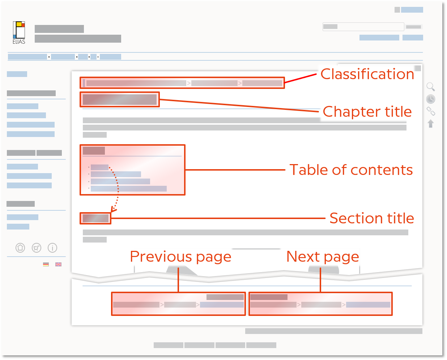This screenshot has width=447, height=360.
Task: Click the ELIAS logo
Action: [x=19, y=33]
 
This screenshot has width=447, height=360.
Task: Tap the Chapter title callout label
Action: [x=367, y=111]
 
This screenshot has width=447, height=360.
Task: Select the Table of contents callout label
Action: [x=351, y=170]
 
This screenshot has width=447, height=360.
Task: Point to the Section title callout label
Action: [x=372, y=218]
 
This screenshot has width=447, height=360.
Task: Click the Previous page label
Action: [x=180, y=257]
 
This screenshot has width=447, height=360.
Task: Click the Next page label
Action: [x=323, y=257]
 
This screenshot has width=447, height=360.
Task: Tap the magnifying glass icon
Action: [x=430, y=87]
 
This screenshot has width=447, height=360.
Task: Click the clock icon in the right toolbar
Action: [x=430, y=99]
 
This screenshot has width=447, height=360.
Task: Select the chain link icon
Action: [x=430, y=111]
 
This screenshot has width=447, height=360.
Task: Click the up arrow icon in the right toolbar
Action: [x=430, y=124]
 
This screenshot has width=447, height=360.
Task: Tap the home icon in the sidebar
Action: [x=20, y=248]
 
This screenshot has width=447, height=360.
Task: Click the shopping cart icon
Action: [x=37, y=248]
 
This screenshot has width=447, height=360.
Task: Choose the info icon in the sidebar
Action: [x=52, y=248]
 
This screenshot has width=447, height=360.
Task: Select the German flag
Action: [x=46, y=264]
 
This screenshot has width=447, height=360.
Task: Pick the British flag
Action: [x=58, y=264]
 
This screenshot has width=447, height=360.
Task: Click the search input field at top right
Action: [x=363, y=27]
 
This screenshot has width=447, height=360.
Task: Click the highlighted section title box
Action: [x=95, y=218]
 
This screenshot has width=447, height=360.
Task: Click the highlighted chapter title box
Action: [x=120, y=99]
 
